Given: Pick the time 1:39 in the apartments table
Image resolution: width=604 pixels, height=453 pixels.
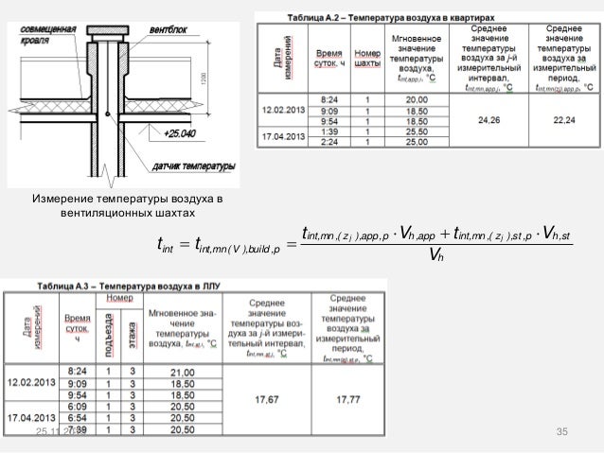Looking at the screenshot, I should coord(330,133).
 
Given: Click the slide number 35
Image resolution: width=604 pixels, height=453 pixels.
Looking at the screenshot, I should coord(560,432).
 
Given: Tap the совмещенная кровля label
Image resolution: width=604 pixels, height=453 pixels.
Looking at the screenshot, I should coord(49,35).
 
